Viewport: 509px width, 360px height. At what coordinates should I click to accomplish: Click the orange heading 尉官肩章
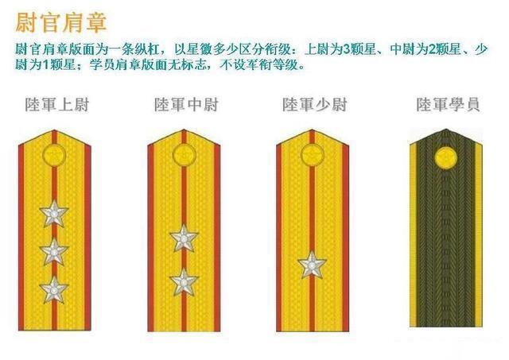61,23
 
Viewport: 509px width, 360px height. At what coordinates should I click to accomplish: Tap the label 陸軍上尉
57,104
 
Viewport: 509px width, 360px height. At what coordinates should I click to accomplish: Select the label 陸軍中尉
186,104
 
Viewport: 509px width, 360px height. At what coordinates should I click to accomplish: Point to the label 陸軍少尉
315,104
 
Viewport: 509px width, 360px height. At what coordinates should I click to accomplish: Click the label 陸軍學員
448,104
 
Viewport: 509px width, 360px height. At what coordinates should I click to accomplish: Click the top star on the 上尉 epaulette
54,213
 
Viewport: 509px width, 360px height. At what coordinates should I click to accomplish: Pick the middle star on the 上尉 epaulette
54,251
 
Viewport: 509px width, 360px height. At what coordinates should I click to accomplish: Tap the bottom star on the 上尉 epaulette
54,289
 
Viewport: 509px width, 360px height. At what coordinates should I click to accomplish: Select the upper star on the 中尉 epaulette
184,238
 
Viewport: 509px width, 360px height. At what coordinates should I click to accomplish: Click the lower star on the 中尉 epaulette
184,282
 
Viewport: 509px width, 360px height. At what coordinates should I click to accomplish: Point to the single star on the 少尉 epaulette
312,265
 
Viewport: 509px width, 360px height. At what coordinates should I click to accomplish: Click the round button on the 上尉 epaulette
54,155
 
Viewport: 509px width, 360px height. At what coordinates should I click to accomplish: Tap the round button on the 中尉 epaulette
184,155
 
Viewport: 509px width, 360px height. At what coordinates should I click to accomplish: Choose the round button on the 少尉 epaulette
313,155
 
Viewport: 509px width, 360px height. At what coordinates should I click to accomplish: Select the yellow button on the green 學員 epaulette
446,158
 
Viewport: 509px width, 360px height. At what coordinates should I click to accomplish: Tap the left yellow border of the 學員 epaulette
413,234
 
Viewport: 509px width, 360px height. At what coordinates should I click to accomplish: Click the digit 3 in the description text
346,49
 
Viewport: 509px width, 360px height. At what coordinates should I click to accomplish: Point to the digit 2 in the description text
432,49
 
